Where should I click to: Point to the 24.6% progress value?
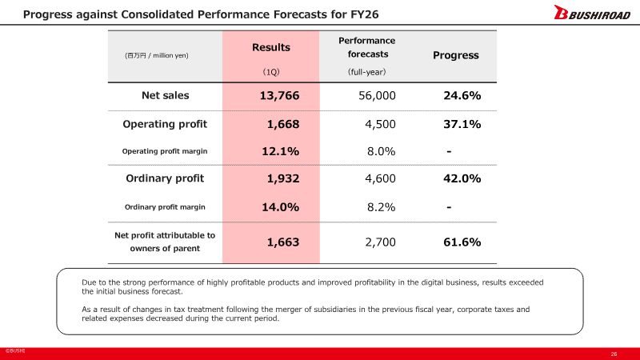click(x=462, y=96)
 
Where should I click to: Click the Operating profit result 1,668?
click(x=282, y=124)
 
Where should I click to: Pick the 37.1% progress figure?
click(x=462, y=124)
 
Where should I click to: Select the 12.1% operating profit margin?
click(x=280, y=151)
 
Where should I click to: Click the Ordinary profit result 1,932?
click(x=282, y=178)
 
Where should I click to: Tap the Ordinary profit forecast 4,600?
click(x=380, y=178)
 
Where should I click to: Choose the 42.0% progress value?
click(x=462, y=178)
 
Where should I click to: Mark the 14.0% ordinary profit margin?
click(x=280, y=206)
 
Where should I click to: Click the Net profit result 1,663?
click(x=282, y=242)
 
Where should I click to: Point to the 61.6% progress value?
click(x=462, y=242)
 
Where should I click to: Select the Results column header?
click(x=271, y=48)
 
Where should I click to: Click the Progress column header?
click(x=455, y=55)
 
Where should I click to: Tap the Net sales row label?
click(x=165, y=96)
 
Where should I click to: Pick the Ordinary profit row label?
click(x=165, y=178)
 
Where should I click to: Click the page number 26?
click(x=614, y=354)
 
